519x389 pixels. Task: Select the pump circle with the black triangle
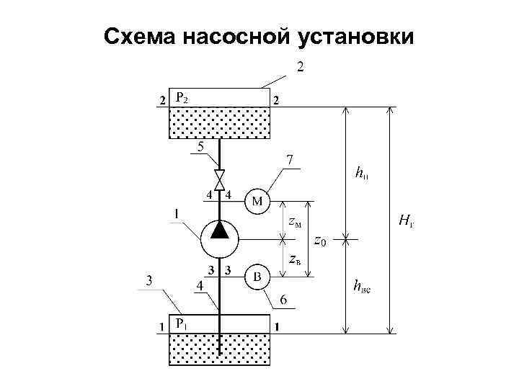219,238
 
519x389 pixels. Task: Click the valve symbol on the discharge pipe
219,176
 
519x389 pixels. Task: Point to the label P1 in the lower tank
183,323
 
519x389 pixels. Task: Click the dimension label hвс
361,287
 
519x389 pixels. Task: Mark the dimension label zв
294,258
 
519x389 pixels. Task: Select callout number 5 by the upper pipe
201,145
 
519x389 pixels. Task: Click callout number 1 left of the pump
177,213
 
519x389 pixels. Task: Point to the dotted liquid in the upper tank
219,124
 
